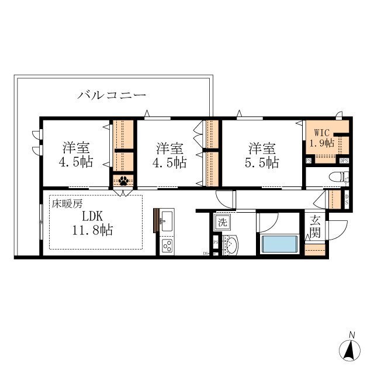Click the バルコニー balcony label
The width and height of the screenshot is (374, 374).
click(x=112, y=95)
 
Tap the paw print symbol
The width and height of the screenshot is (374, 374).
click(x=123, y=181)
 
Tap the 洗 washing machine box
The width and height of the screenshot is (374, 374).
click(x=221, y=221)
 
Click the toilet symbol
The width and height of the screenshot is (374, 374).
click(x=337, y=177)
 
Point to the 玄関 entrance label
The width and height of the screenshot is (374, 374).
click(x=315, y=226)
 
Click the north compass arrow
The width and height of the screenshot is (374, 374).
click(x=351, y=351)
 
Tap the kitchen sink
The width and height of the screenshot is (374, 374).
click(x=166, y=221)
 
